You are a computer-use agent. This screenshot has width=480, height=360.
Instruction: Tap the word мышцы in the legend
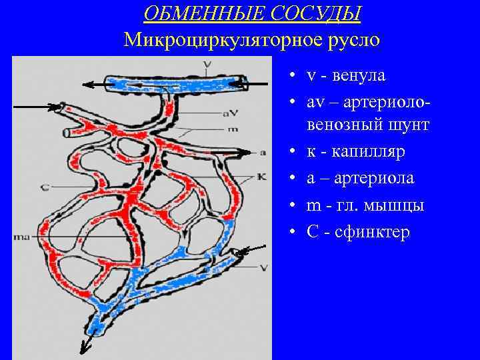pyautogui.click(x=397, y=206)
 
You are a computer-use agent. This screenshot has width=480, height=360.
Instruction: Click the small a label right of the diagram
pyautogui.click(x=263, y=153)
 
